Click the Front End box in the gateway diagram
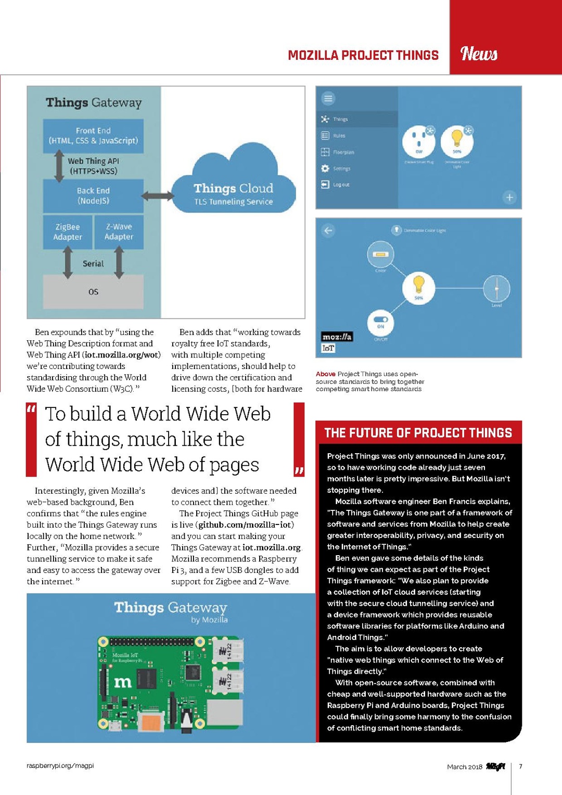93,136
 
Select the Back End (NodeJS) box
93,196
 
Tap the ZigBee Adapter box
68,232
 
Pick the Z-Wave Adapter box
119,232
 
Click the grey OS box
93,291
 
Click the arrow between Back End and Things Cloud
158,196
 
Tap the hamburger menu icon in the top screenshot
328,98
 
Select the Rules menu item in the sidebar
339,136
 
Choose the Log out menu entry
341,185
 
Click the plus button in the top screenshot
509,197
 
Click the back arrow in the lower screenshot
328,230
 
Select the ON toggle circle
381,323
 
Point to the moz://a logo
337,337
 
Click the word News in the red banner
479,54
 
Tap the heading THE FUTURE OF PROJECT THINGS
418,433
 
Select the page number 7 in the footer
520,766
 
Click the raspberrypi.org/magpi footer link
60,765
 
